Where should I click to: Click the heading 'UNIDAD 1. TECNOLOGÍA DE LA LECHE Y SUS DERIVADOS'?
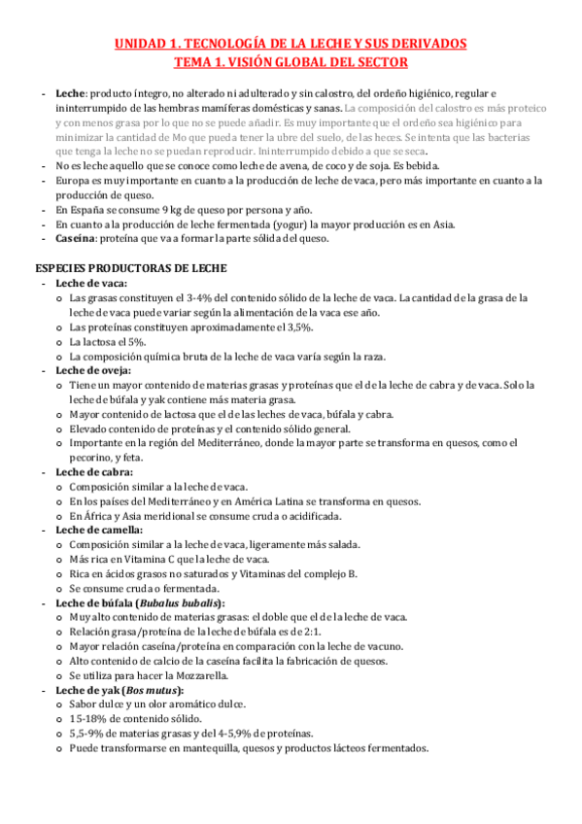[291, 44]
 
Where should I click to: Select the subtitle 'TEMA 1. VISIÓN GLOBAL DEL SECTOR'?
[291, 62]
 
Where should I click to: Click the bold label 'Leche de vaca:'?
[92, 283]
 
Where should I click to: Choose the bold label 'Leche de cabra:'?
[94, 472]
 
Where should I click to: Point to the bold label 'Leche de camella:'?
[99, 530]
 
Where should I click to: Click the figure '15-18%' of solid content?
[88, 719]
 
